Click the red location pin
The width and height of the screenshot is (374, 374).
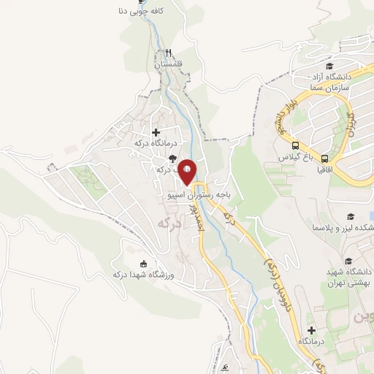(x=188, y=171)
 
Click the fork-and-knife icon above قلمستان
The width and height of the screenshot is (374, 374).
(x=169, y=53)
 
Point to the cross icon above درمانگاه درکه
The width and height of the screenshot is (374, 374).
(x=156, y=132)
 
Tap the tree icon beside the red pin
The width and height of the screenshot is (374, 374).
(x=172, y=158)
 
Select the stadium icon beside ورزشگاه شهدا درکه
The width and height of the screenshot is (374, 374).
(x=143, y=264)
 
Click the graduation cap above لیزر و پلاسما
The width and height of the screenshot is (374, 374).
(x=351, y=217)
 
